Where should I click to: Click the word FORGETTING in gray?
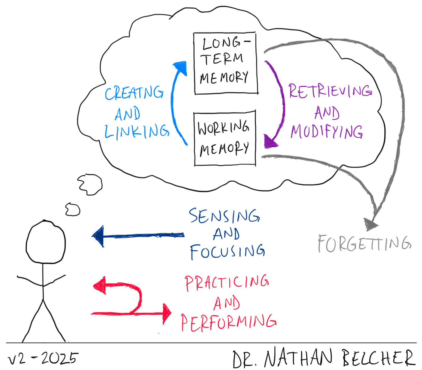click(364, 244)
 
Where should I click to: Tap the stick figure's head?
click(46, 242)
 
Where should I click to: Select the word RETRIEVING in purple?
click(330, 91)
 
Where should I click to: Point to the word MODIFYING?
click(327, 132)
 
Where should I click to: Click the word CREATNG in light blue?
click(134, 93)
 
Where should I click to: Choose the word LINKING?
click(136, 132)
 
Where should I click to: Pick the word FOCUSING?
click(227, 252)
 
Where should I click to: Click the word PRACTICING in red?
click(227, 283)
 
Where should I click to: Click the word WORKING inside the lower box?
click(223, 128)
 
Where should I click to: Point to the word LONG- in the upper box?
click(225, 43)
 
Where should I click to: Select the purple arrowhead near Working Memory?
click(270, 142)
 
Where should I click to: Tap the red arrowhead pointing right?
click(167, 313)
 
